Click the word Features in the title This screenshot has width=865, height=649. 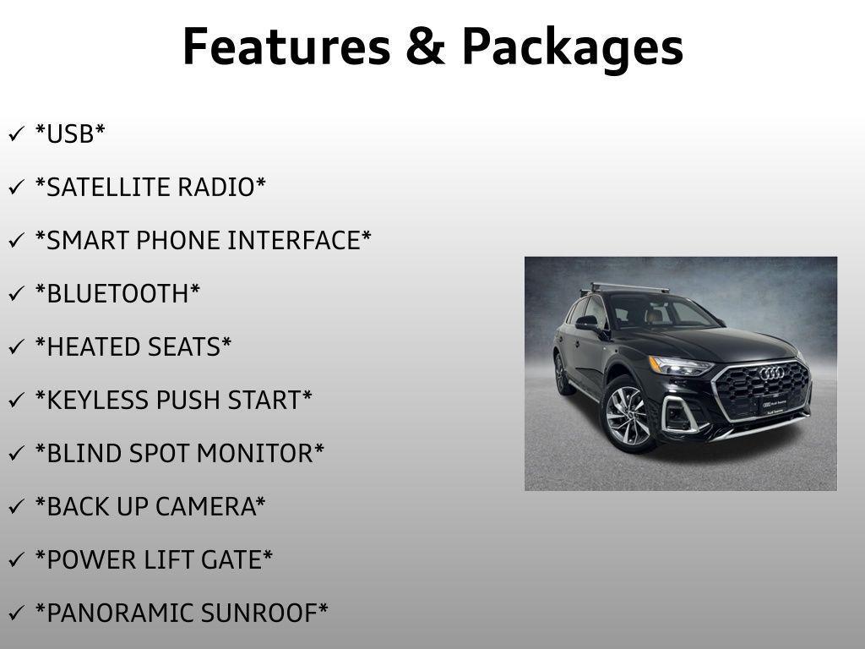click(x=286, y=46)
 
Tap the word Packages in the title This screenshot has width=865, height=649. click(x=572, y=48)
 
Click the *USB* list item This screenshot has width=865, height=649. click(x=70, y=134)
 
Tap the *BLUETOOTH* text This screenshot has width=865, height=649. click(x=117, y=293)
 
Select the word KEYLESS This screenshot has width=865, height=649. click(x=95, y=400)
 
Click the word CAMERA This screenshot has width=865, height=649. click(x=204, y=506)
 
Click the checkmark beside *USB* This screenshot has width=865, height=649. click(x=16, y=134)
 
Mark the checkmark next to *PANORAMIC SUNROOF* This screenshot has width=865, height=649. click(x=16, y=614)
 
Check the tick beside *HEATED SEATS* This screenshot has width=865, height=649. click(x=16, y=347)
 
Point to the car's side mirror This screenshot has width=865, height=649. click(x=587, y=322)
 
